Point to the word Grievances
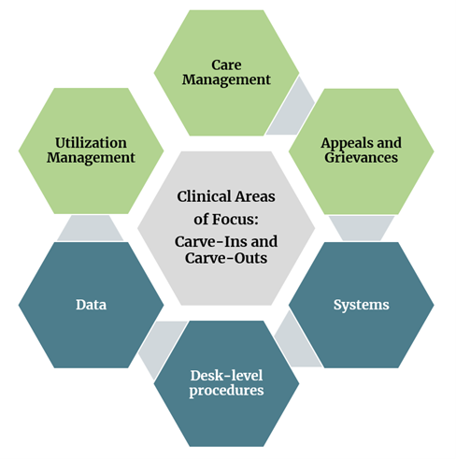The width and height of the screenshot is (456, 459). (x=361, y=158)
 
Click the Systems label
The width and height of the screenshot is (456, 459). (x=361, y=305)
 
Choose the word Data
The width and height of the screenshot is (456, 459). (x=92, y=305)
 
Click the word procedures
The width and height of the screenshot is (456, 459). (x=226, y=390)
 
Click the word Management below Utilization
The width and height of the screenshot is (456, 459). (x=92, y=158)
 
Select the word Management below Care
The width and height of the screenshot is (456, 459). (x=228, y=80)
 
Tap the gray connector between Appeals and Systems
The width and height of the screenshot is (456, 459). (x=360, y=227)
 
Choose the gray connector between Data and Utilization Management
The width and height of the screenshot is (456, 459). (x=91, y=227)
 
